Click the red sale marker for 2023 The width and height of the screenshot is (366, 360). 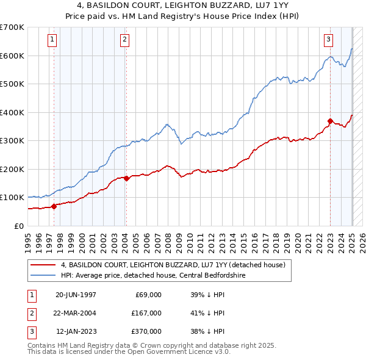330,121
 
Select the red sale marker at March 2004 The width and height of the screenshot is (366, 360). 126,178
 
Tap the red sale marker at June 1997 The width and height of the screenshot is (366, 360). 54,206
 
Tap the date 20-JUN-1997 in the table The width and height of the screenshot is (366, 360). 76,294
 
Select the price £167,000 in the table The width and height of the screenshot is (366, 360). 146,313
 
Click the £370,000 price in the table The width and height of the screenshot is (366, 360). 146,331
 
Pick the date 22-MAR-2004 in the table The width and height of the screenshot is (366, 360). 76,313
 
